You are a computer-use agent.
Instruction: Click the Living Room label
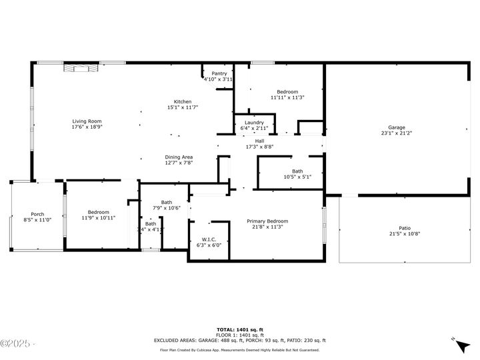pyautogui.click(x=87, y=121)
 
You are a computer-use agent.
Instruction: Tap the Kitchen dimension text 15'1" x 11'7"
pyautogui.click(x=183, y=107)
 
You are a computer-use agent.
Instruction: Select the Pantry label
pyautogui.click(x=219, y=73)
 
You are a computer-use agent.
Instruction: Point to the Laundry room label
pyautogui.click(x=254, y=122)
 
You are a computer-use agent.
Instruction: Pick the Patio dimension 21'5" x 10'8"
pyautogui.click(x=404, y=233)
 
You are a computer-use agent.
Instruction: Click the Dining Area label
pyautogui.click(x=179, y=157)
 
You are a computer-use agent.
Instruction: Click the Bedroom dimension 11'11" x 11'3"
pyautogui.click(x=287, y=97)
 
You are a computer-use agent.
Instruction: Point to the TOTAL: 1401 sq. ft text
pyautogui.click(x=240, y=329)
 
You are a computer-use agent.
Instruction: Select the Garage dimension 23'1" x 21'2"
pyautogui.click(x=397, y=133)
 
